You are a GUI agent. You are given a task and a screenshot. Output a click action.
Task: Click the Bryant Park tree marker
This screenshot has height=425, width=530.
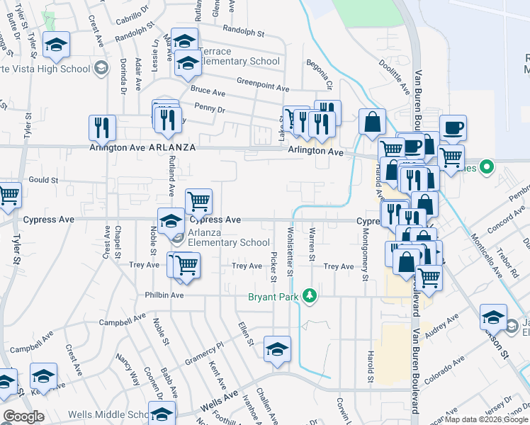(x=309, y=295)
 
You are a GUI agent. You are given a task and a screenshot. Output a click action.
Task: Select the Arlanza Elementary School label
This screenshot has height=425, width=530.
(x=230, y=242)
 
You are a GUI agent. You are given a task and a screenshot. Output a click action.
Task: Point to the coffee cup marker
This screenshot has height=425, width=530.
(x=453, y=128)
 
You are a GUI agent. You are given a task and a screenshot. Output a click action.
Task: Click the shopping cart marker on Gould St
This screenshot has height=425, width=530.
(x=8, y=195)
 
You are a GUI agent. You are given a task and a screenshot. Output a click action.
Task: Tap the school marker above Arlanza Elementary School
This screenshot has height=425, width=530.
(x=171, y=222)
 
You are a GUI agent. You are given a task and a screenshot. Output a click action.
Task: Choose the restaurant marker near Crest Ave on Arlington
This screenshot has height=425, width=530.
(x=102, y=127)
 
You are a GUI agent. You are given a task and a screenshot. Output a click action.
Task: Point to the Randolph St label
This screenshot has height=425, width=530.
(x=243, y=32)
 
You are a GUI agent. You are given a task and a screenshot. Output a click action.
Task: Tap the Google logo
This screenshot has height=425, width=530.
(x=23, y=416)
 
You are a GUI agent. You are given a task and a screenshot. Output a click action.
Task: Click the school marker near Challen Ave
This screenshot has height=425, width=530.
(x=278, y=348)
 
